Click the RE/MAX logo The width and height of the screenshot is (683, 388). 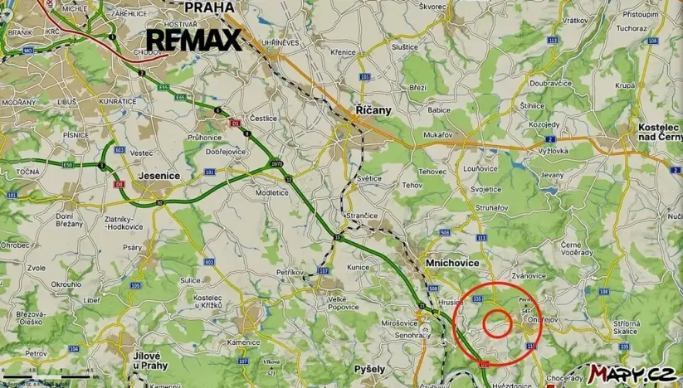click(x=194, y=41)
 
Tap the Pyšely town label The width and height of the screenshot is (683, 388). click(x=369, y=368)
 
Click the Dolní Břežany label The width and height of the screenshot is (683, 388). click(x=70, y=220)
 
